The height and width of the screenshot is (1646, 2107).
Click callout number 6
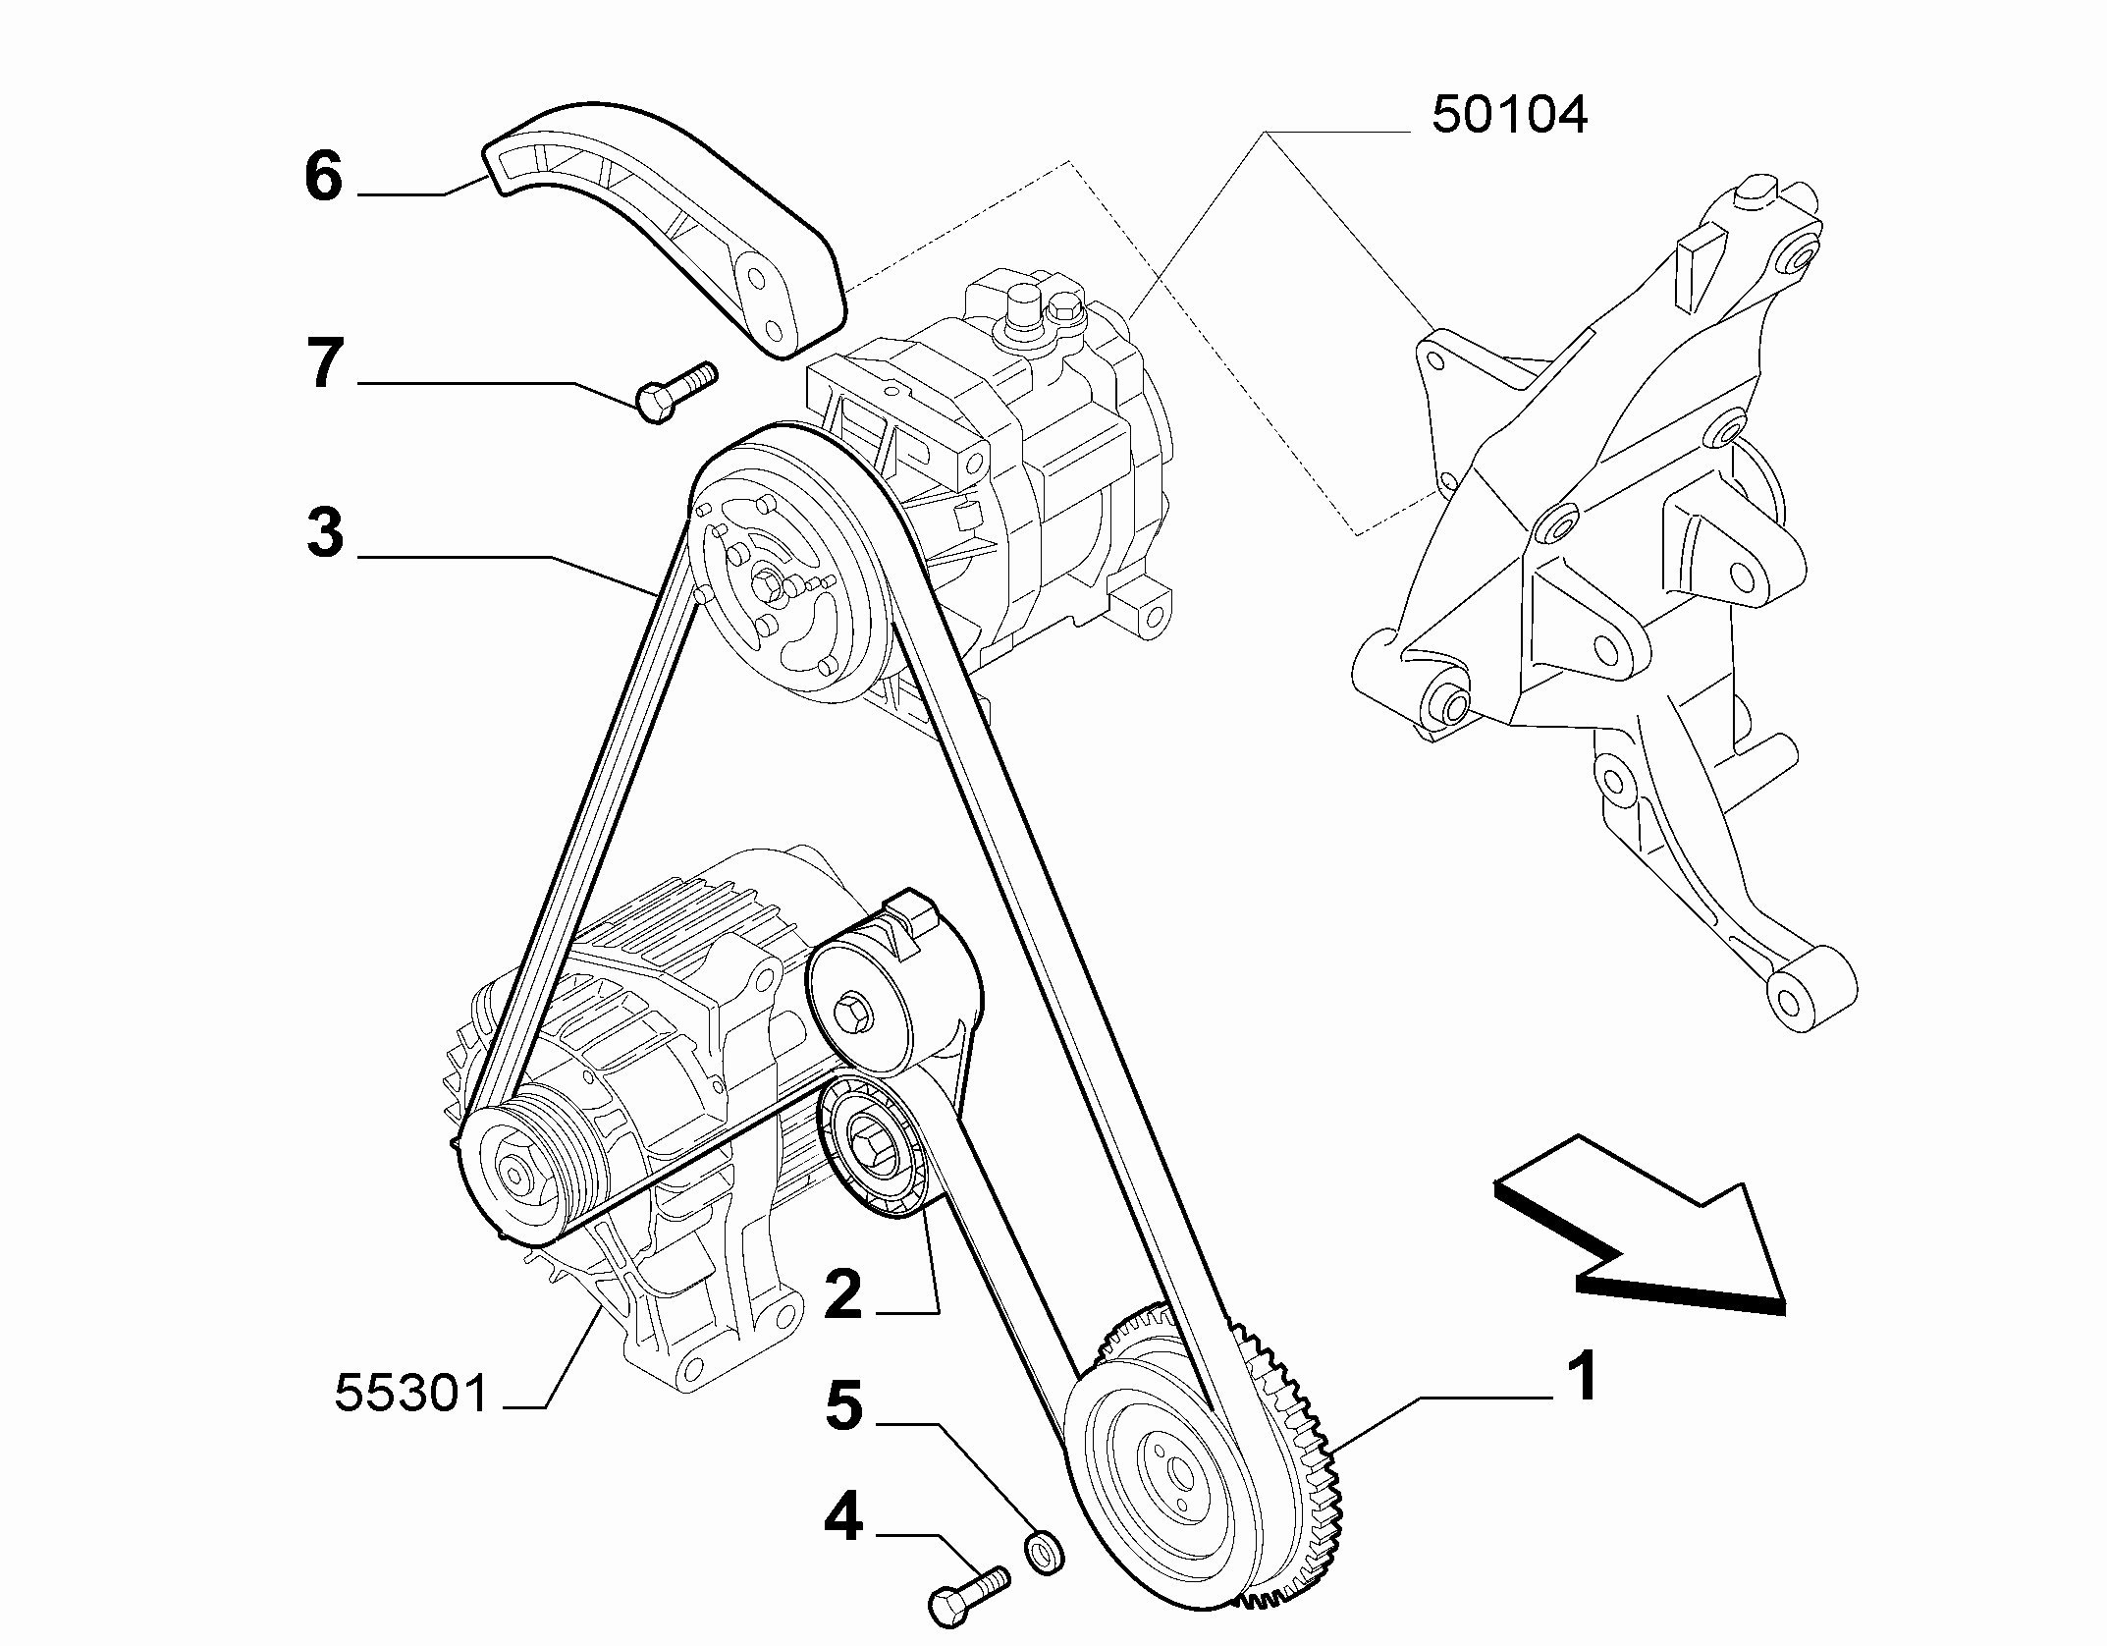pyautogui.click(x=324, y=178)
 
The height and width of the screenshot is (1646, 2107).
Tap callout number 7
pyautogui.click(x=326, y=363)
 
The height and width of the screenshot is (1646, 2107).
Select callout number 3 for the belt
pyautogui.click(x=325, y=534)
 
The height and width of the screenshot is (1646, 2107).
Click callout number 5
pyautogui.click(x=843, y=1405)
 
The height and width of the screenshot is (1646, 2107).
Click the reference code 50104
pyautogui.click(x=1509, y=115)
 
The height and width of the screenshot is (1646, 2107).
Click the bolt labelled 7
pyautogui.click(x=677, y=392)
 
